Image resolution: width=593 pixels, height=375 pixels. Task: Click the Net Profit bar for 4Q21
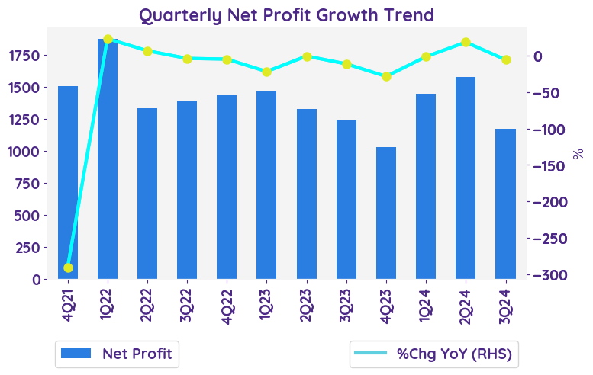coord(68,183)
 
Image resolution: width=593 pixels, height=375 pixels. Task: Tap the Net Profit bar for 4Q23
coord(386,213)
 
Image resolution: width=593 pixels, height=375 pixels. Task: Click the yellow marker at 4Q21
coord(68,268)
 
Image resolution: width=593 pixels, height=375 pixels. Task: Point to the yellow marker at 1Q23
coord(267,72)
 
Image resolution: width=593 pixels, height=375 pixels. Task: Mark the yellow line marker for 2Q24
coord(466,43)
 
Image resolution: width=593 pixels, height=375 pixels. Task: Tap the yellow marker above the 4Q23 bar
coord(386,76)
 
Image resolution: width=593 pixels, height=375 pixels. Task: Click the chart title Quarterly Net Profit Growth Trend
coord(286,14)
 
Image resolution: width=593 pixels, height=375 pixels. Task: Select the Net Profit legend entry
coord(117,354)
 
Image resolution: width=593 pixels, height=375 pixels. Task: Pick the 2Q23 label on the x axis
coord(307,303)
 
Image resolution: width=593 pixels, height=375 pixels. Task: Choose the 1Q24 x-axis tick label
coord(426,303)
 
